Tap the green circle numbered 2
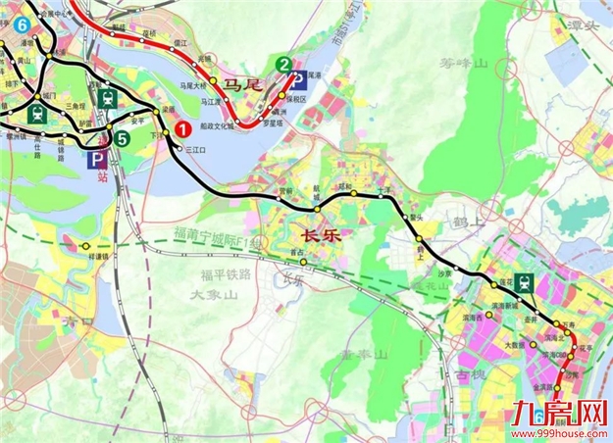pyautogui.click(x=283, y=66)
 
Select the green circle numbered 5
pyautogui.click(x=120, y=138)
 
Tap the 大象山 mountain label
pyautogui.click(x=214, y=294)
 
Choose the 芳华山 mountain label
pyautogui.click(x=462, y=63)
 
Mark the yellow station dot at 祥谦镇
pyautogui.click(x=85, y=245)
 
